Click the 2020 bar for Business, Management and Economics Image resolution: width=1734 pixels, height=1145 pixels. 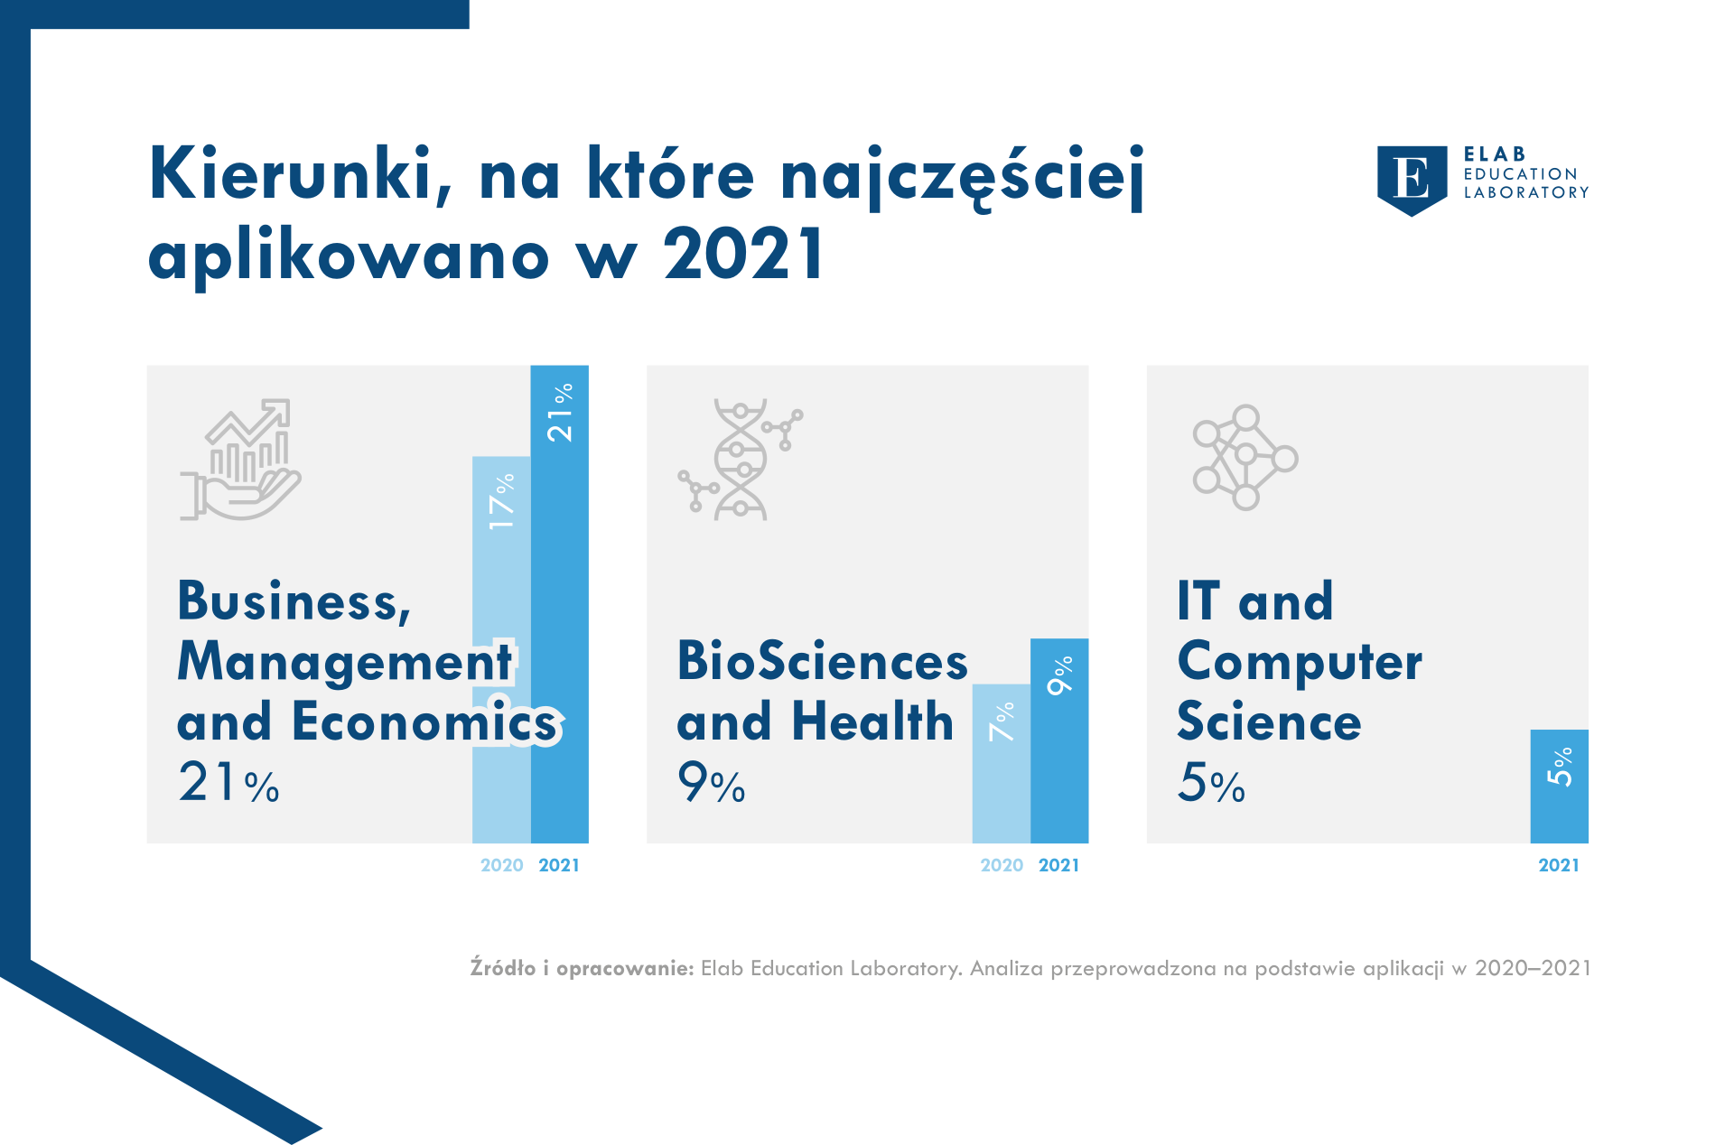[501, 649]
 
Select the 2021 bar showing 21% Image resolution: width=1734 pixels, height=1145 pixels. [560, 604]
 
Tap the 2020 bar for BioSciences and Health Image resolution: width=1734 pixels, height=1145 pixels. [1002, 764]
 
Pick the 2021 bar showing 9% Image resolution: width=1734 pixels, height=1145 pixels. [1059, 740]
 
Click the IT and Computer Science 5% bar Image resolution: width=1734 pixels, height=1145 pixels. [1560, 787]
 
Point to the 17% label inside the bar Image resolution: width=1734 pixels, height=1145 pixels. [502, 501]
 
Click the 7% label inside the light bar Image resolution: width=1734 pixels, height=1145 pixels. [1002, 721]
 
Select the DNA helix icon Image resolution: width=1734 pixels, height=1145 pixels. [741, 460]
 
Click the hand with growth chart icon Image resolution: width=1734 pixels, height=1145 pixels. [240, 460]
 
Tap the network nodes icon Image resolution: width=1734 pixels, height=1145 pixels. [1245, 458]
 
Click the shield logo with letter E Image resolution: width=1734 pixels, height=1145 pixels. [1412, 181]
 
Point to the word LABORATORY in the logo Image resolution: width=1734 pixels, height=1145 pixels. [1526, 192]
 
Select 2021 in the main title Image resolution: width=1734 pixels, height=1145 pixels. [743, 254]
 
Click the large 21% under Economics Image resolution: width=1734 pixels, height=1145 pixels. [228, 782]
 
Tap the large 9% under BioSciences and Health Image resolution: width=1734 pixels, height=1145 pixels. [712, 782]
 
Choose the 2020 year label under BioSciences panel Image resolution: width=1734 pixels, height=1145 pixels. [1002, 865]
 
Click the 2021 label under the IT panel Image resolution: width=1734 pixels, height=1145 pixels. [1559, 865]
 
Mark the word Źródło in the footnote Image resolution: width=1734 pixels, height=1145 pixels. [503, 968]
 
